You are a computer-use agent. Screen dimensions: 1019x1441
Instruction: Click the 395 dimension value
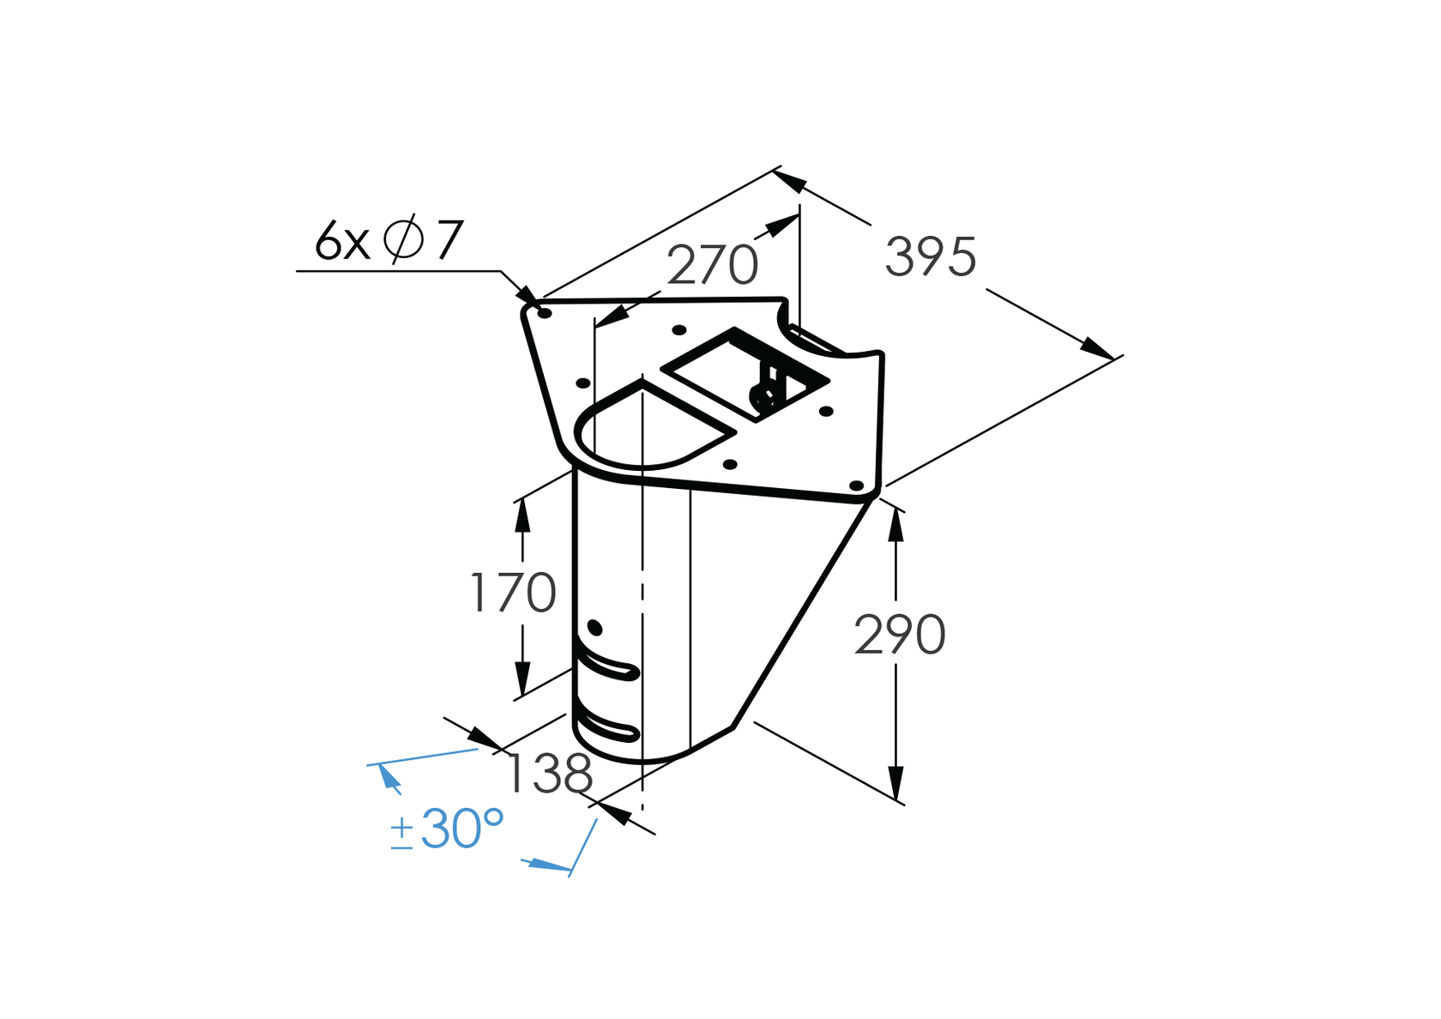point(931,256)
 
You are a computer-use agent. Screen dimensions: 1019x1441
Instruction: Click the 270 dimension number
point(712,265)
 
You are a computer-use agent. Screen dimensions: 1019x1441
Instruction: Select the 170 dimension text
point(513,593)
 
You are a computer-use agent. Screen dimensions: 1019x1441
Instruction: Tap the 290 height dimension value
point(900,635)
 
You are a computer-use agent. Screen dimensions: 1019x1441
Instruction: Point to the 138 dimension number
point(549,774)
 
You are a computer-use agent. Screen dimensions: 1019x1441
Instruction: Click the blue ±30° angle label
point(447,829)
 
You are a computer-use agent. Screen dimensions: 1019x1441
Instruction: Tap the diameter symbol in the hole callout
point(403,239)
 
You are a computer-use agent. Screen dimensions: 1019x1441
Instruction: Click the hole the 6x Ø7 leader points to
point(544,313)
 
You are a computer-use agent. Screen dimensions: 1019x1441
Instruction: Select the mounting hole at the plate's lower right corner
point(856,485)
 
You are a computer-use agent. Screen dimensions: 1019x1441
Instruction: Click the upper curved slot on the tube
point(607,666)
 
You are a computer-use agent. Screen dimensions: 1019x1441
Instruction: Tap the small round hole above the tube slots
point(595,629)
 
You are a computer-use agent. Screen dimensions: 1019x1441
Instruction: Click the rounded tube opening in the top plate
point(643,429)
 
